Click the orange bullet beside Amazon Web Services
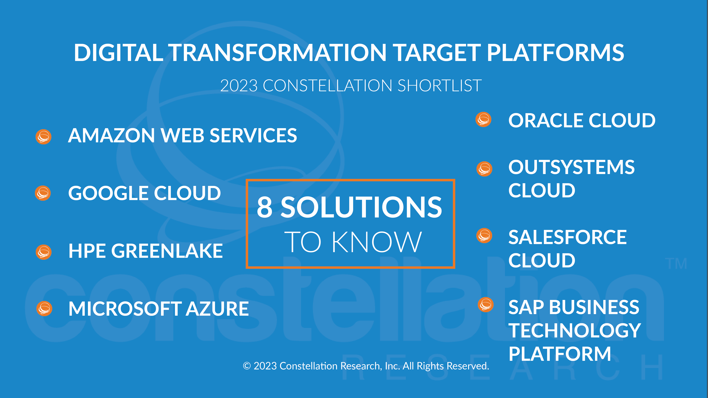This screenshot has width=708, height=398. (x=43, y=137)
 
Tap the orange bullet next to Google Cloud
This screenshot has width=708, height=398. (x=43, y=193)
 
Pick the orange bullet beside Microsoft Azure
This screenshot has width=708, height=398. (x=44, y=308)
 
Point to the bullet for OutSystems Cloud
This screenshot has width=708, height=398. (x=484, y=169)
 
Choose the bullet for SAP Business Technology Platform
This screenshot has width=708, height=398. (x=486, y=305)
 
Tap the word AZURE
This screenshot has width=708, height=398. (x=217, y=309)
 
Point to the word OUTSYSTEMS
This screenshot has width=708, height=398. (x=572, y=167)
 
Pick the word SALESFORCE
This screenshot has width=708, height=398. (x=568, y=237)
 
